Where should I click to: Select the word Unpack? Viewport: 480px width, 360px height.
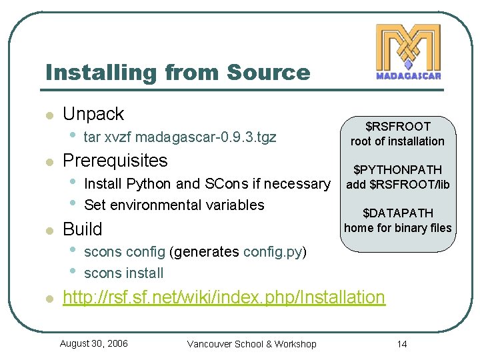point(93,114)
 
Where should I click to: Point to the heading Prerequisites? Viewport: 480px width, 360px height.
point(115,161)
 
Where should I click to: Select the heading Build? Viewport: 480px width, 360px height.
point(82,229)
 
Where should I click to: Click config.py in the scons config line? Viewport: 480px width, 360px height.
point(273,252)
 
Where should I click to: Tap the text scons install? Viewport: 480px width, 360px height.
point(124,273)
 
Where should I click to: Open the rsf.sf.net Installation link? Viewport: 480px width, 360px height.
point(223,297)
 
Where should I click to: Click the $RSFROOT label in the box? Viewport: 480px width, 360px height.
point(397,126)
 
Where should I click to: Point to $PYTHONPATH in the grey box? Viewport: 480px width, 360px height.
point(397,171)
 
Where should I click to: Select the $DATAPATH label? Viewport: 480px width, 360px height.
point(397,213)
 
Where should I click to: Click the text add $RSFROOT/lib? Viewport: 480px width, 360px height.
point(397,185)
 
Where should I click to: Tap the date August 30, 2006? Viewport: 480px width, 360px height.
point(94,343)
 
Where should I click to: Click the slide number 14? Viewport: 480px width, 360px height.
point(401,344)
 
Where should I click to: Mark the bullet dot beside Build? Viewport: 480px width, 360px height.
point(48,231)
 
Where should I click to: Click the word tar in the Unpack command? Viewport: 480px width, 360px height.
point(93,138)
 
